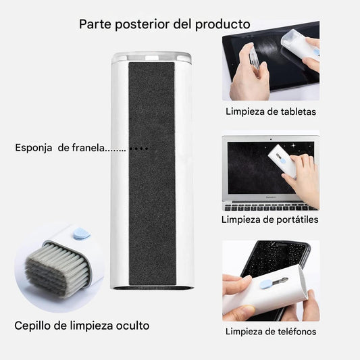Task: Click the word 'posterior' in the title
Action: pyautogui.click(x=143, y=24)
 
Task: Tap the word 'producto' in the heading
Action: pyautogui.click(x=222, y=24)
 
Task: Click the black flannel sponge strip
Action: pyautogui.click(x=152, y=174)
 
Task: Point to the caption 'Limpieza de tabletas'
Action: pyautogui.click(x=271, y=111)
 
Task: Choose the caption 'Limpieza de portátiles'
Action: pyautogui.click(x=269, y=220)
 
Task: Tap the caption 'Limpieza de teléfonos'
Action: pyautogui.click(x=271, y=332)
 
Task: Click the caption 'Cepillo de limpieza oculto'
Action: pyautogui.click(x=82, y=326)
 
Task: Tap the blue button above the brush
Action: pyautogui.click(x=81, y=234)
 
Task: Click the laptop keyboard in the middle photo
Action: pyautogui.click(x=269, y=207)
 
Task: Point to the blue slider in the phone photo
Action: pyautogui.click(x=265, y=284)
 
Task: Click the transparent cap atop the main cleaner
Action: pyautogui.click(x=151, y=57)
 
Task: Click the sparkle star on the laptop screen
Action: pyautogui.click(x=293, y=145)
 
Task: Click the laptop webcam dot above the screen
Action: pyautogui.click(x=271, y=139)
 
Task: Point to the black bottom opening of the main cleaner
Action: pyautogui.click(x=151, y=288)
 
